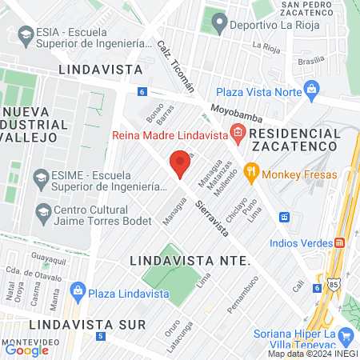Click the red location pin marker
point(180,165)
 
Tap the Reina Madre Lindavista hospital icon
point(237,133)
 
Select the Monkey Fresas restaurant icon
point(250,170)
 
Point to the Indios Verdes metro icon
point(339,242)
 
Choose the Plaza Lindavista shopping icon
point(78,289)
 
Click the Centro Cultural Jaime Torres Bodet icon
point(43,212)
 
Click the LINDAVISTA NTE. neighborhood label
point(190,262)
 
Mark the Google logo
point(26,350)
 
